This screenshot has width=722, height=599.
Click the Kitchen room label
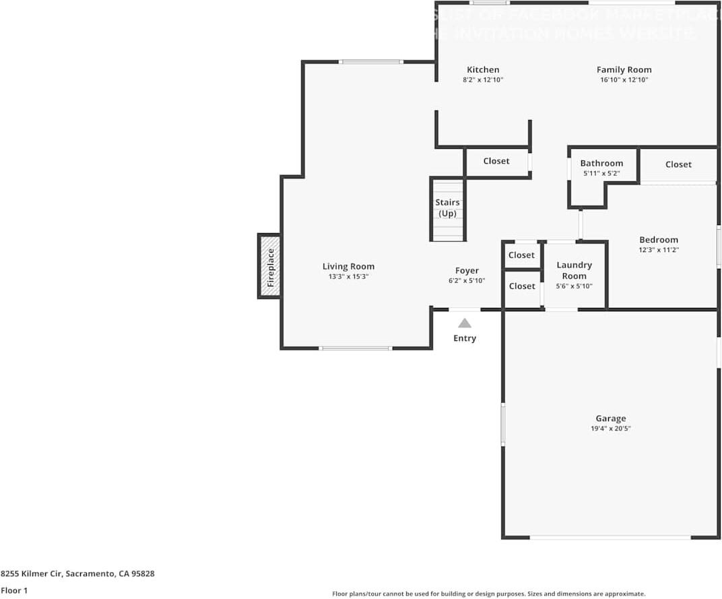coord(483,69)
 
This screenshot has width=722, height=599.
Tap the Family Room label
coord(624,69)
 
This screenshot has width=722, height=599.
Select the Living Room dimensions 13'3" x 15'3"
coord(348,277)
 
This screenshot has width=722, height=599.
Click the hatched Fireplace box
coord(269,266)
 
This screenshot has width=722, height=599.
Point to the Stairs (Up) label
coord(447,208)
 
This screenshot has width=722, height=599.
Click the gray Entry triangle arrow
coord(465,323)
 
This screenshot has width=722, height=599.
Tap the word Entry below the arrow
coord(465,338)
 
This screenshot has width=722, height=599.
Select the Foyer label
coord(467,271)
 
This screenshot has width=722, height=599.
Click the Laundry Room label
coord(575,270)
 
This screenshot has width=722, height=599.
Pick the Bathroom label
coord(601,163)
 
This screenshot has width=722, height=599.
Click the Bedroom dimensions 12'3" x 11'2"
coord(659,250)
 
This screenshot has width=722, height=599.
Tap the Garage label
coord(610,418)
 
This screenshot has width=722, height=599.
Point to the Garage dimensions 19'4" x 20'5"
coord(610,429)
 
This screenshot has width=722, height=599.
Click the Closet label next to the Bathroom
coord(678,164)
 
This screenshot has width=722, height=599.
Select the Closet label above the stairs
coord(496,161)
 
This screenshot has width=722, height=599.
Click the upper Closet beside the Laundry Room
coord(522,255)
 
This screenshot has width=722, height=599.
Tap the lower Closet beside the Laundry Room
coord(522,286)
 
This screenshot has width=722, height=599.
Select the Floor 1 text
coord(13,590)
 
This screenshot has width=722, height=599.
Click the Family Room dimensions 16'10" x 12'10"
coord(624,80)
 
